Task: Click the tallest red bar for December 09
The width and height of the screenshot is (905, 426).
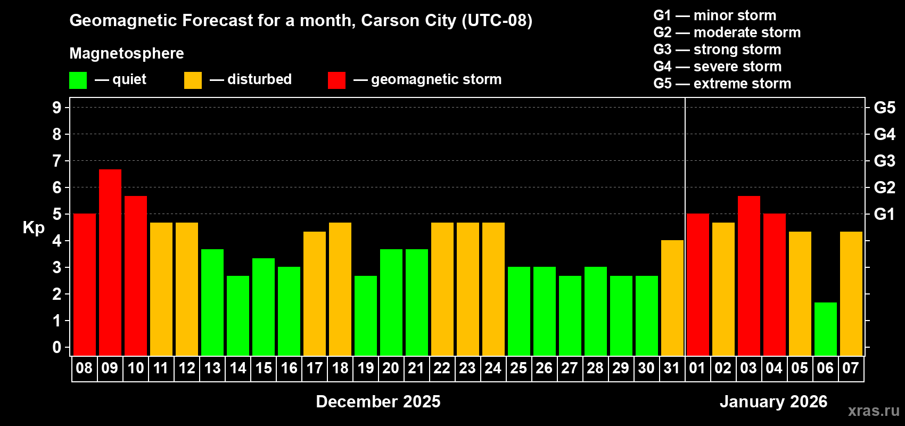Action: tap(110, 262)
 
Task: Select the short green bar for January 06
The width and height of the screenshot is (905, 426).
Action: tap(825, 329)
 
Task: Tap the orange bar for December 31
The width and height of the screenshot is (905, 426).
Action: tap(672, 298)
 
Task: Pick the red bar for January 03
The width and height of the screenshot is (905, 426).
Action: tap(748, 275)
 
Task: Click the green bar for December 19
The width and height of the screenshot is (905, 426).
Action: tap(366, 315)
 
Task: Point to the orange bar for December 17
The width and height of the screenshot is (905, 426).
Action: tap(315, 293)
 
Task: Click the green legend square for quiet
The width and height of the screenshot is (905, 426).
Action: tap(78, 80)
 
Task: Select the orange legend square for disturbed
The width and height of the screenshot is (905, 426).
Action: tap(193, 80)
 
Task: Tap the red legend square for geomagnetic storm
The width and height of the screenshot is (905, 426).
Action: tap(336, 80)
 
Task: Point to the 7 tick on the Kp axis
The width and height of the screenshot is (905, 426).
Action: tap(57, 161)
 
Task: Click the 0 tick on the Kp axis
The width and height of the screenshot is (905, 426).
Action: tap(57, 348)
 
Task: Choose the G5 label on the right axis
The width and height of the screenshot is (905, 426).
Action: tap(884, 108)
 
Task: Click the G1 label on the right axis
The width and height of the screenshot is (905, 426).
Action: tap(884, 214)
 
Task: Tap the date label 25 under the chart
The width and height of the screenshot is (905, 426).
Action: tap(518, 368)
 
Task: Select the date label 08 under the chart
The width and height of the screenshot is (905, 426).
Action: tap(84, 368)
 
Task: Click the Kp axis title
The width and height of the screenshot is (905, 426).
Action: tap(34, 228)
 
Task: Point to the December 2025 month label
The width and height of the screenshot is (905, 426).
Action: tap(378, 402)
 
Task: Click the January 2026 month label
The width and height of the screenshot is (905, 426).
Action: tap(773, 402)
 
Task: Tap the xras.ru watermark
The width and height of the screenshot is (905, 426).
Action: tap(874, 411)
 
